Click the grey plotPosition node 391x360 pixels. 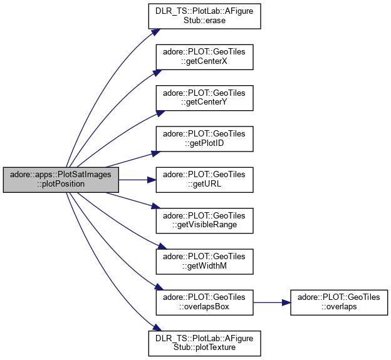click(61, 180)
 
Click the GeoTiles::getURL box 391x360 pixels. click(204, 180)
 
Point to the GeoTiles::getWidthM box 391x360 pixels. click(204, 261)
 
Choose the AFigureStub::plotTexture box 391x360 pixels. click(204, 342)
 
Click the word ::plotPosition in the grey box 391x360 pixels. click(61, 184)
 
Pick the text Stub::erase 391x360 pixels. click(204, 21)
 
